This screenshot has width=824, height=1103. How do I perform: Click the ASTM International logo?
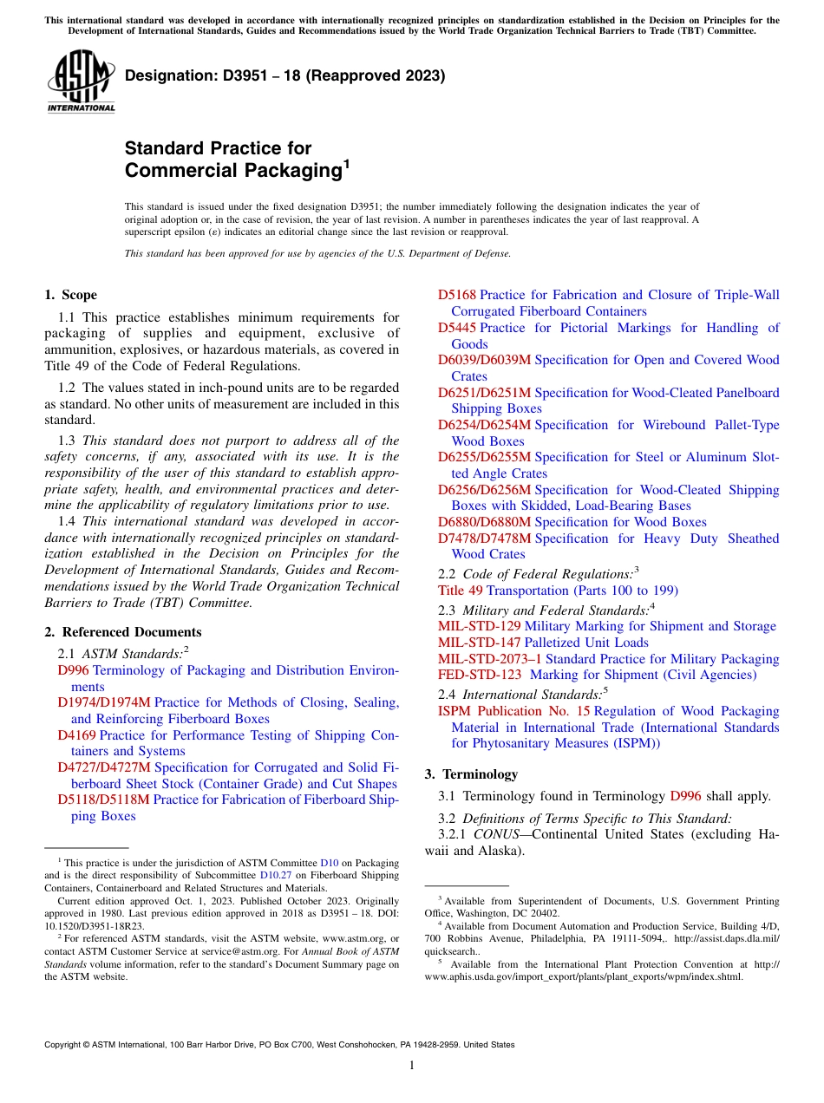pos(81,82)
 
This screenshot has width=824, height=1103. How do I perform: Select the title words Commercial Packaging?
pos(232,170)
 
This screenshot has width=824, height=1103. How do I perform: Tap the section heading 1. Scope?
pos(70,295)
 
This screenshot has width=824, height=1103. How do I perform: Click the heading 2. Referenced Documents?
pos(122,632)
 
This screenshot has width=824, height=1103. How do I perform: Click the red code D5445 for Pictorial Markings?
pos(456,328)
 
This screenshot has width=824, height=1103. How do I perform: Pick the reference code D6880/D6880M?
pos(484,522)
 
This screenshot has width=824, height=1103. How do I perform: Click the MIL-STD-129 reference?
pos(479,626)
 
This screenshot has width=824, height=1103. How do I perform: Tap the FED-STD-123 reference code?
pos(479,675)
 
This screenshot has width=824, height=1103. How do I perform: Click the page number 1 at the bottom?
pos(412,1066)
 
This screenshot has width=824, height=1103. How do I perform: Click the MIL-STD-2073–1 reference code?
pos(489,659)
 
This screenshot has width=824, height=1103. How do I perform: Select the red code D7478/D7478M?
pos(484,538)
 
